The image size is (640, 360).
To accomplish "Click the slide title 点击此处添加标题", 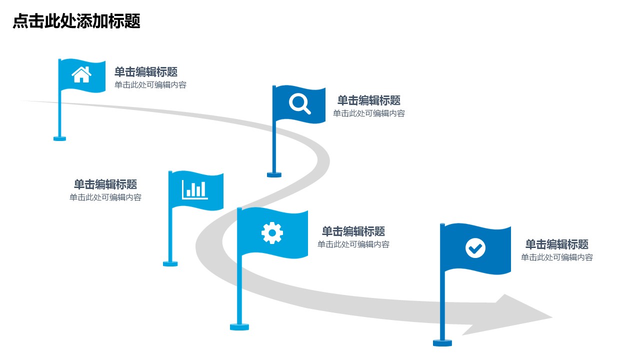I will tap(76, 21).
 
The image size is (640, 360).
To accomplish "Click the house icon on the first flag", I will tap(81, 74).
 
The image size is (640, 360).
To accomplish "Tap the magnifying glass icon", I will tap(299, 104).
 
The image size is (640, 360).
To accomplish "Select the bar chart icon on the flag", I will tap(195, 189).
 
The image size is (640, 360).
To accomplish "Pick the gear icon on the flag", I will tap(272, 233).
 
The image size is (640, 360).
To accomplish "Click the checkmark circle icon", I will tap(475, 247).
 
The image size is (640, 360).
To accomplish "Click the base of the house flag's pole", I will tap(59, 138).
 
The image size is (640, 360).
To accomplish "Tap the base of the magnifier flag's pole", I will tap(274, 174).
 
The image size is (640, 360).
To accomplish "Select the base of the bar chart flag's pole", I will tap(170, 263).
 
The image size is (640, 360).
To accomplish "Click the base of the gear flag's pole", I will tap(239, 327).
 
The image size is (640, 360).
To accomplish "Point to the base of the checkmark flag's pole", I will tap(442, 342).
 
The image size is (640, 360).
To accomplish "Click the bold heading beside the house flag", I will tap(146, 72).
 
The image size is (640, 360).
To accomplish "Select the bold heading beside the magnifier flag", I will tap(369, 100).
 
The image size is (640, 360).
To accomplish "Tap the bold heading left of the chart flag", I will tap(105, 184).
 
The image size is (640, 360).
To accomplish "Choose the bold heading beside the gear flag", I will tap(353, 231).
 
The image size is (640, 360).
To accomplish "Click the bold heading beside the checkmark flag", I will tap(556, 244).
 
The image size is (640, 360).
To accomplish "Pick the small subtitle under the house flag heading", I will tap(150, 85).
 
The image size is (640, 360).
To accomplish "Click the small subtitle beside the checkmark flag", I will tap(556, 257).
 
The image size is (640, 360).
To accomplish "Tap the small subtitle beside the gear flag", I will tap(353, 244).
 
